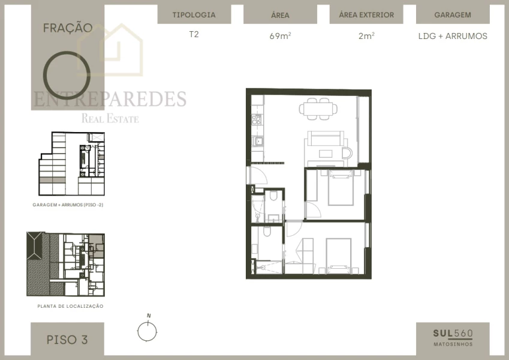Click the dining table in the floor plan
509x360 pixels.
pyautogui.click(x=318, y=109)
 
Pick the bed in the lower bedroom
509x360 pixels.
pyautogui.click(x=339, y=255)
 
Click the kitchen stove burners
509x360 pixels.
pyautogui.click(x=257, y=118)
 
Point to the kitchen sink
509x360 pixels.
pyautogui.click(x=257, y=142)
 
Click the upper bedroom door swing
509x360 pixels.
pyautogui.click(x=313, y=211)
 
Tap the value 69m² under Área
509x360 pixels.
pyautogui.click(x=280, y=36)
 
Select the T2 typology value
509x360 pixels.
pyautogui.click(x=194, y=34)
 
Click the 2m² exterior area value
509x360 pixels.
pyautogui.click(x=366, y=36)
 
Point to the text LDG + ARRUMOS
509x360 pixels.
pyautogui.click(x=453, y=36)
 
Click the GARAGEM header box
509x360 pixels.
pyautogui.click(x=453, y=15)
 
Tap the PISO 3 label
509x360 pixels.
pyautogui.click(x=67, y=340)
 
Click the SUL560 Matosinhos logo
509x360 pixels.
pyautogui.click(x=453, y=338)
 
